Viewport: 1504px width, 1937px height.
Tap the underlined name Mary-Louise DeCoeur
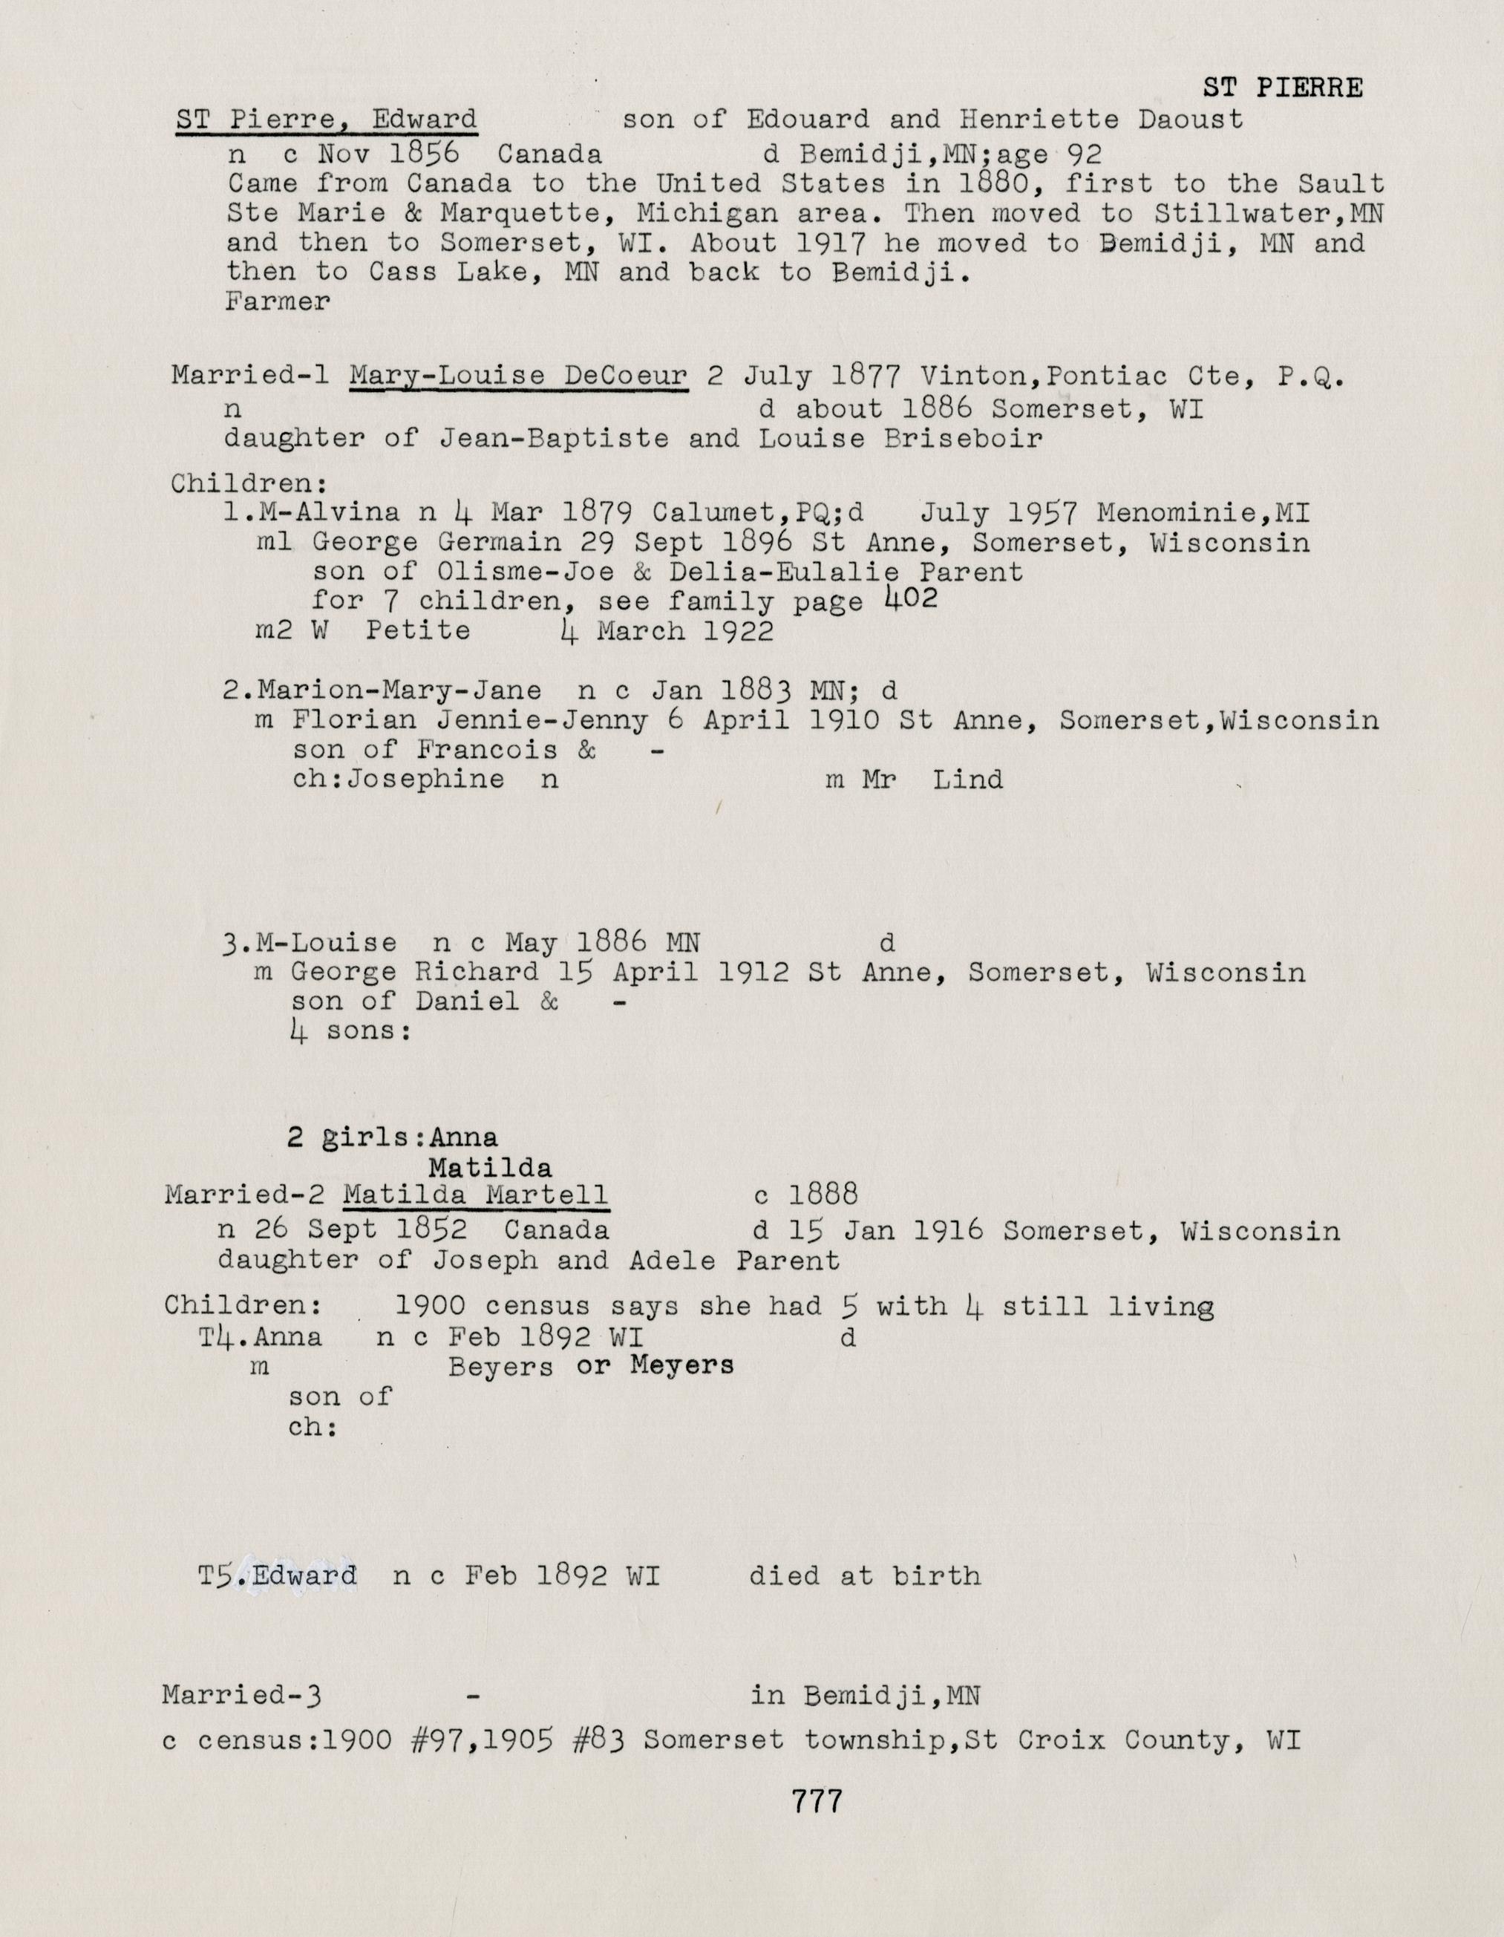click(519, 376)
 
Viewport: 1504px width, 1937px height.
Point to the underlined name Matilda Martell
click(475, 1195)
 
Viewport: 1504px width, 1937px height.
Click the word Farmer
click(278, 301)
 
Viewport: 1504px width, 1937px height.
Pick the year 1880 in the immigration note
click(994, 183)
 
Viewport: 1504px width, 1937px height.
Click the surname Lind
click(967, 780)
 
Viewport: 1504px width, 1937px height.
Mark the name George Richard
click(414, 972)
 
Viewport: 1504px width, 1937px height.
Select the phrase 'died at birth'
click(865, 1576)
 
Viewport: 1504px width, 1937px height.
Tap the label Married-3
click(241, 1696)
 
